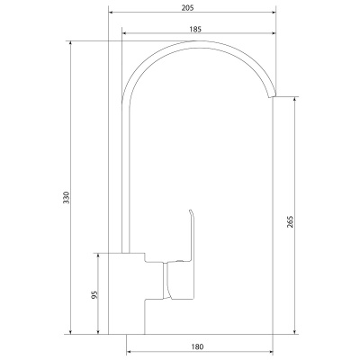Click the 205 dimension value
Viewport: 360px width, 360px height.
(x=188, y=8)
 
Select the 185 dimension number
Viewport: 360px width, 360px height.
(x=195, y=29)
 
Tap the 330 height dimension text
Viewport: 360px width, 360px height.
(x=67, y=197)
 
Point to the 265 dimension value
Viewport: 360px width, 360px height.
(x=290, y=221)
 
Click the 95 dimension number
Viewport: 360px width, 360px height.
(x=94, y=295)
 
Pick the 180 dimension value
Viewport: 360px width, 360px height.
(x=197, y=346)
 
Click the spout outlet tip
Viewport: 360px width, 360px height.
(x=272, y=95)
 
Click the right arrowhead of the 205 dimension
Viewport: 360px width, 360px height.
(x=274, y=13)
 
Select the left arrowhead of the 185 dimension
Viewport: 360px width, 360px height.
(x=125, y=33)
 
